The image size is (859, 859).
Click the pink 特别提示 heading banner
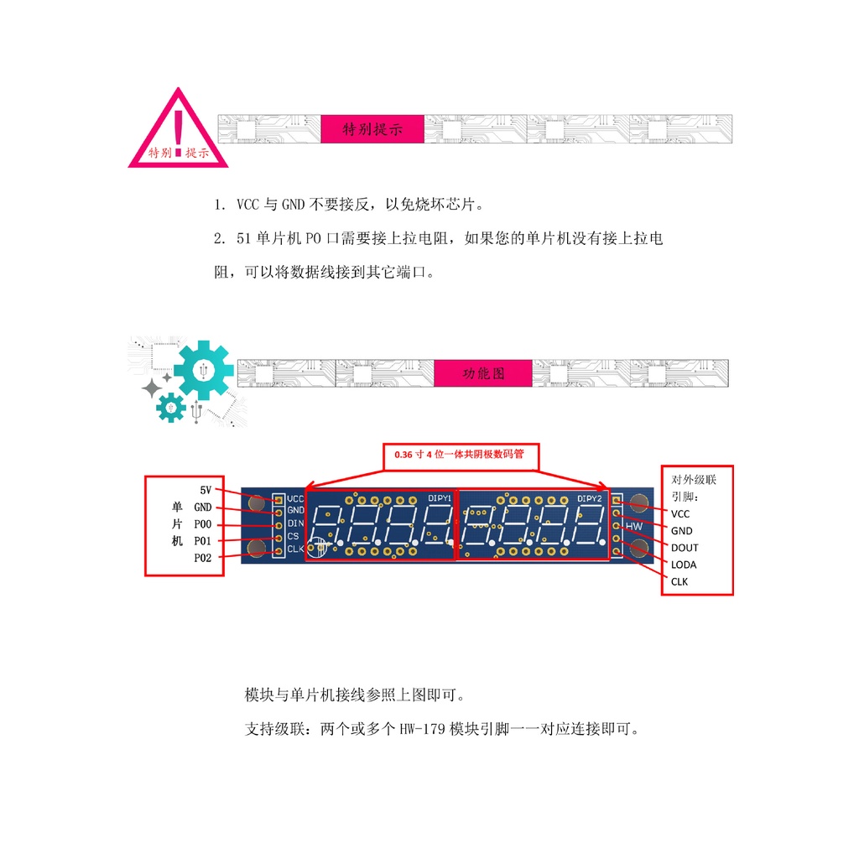(x=372, y=129)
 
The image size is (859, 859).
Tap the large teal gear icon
(x=203, y=370)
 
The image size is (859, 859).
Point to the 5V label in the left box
(x=206, y=490)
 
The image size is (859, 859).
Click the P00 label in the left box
(x=203, y=524)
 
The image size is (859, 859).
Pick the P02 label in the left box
(x=203, y=558)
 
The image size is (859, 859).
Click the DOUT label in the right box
(x=685, y=548)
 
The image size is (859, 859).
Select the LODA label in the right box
(x=684, y=565)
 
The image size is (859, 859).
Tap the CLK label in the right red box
(x=679, y=581)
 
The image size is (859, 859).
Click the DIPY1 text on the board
(x=440, y=498)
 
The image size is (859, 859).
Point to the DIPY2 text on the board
(x=590, y=498)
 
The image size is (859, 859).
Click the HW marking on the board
(x=634, y=526)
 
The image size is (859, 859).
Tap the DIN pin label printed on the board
(x=295, y=523)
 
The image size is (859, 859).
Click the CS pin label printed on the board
(x=293, y=536)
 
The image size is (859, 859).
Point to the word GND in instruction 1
(x=293, y=205)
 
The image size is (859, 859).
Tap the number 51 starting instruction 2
(x=244, y=239)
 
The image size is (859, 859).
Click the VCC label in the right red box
(x=680, y=513)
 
